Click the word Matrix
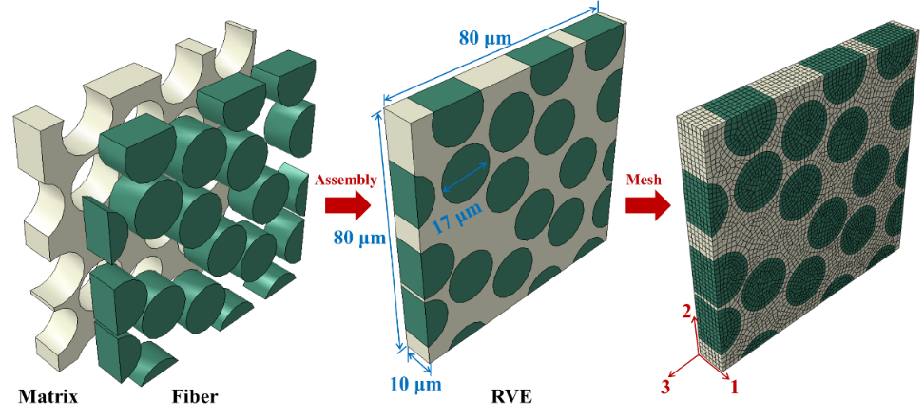(48, 396)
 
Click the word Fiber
(195, 396)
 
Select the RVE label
(511, 396)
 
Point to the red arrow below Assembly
(348, 205)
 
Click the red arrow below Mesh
(648, 205)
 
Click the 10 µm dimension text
(415, 385)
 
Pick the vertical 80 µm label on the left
(359, 239)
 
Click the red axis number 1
(734, 387)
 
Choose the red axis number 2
(686, 313)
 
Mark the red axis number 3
(664, 387)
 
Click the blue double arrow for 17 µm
(465, 178)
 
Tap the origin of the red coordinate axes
(700, 354)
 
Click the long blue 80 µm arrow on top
(491, 52)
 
